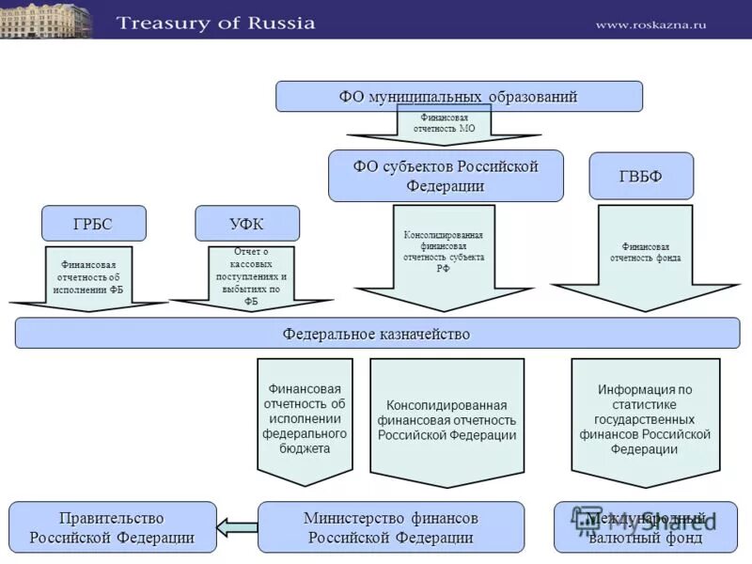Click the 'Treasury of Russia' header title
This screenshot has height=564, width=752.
pyautogui.click(x=215, y=23)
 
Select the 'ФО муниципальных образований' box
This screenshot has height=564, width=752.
pyautogui.click(x=459, y=96)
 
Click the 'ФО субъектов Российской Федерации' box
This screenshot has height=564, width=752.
pyautogui.click(x=446, y=176)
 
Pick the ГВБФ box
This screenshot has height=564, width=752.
pyautogui.click(x=640, y=176)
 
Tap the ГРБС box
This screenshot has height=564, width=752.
pyautogui.click(x=94, y=224)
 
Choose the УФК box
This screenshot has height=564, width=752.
pyautogui.click(x=246, y=224)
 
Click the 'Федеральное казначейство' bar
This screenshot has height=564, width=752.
pyautogui.click(x=377, y=334)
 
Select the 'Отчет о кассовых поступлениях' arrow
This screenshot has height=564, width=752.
pyautogui.click(x=250, y=276)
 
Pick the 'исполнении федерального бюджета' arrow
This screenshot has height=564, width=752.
pyautogui.click(x=304, y=418)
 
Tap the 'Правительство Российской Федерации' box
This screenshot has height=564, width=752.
pyautogui.click(x=112, y=527)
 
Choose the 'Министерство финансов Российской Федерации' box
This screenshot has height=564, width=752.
pyautogui.click(x=390, y=527)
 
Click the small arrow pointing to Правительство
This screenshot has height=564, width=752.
pyautogui.click(x=237, y=527)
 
